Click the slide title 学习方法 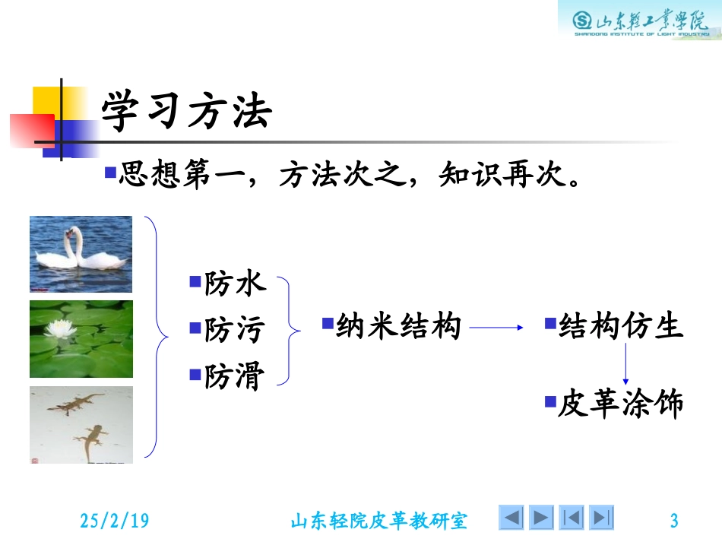pos(186,113)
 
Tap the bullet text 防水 pos(235,284)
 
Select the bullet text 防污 pos(235,331)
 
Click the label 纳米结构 pos(398,327)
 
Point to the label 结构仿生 pos(621,327)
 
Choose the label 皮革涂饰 pos(621,404)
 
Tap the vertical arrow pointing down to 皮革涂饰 pos(625,365)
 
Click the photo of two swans pos(81,254)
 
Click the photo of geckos pos(81,425)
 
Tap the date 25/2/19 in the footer pos(115,521)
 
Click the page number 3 pos(673,521)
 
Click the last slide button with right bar pos(602,518)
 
